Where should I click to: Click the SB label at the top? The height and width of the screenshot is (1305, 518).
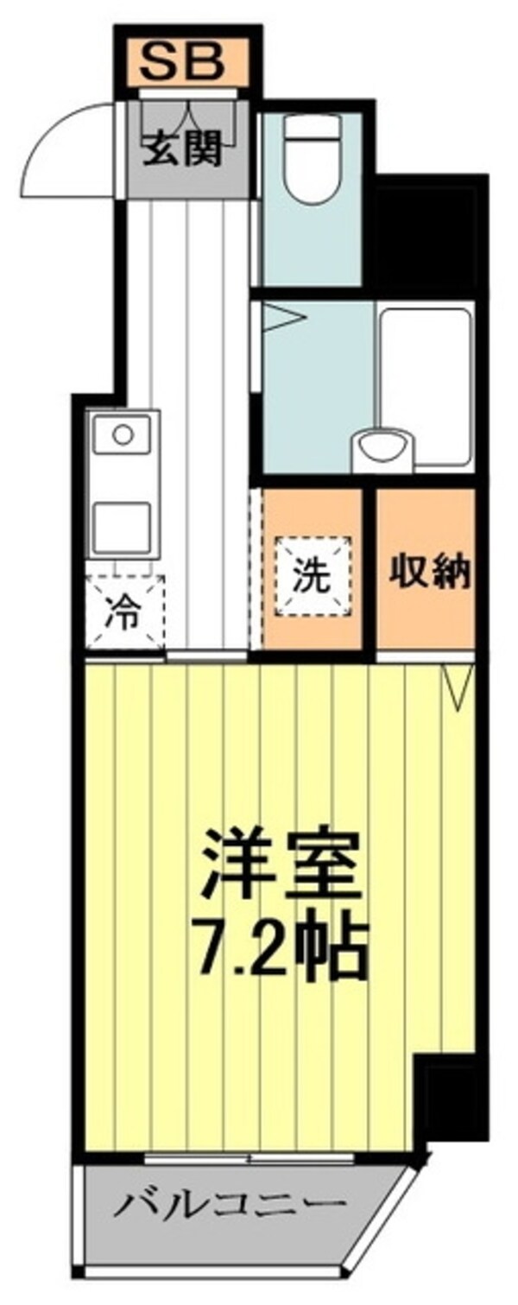point(183,61)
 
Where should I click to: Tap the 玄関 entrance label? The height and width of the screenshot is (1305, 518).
point(183,149)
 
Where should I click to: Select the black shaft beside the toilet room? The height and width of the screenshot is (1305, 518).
point(426,233)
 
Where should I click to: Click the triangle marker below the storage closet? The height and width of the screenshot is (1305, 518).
point(457,686)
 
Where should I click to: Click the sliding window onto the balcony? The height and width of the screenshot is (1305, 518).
point(250,1156)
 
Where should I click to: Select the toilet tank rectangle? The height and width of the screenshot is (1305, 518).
point(312,127)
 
